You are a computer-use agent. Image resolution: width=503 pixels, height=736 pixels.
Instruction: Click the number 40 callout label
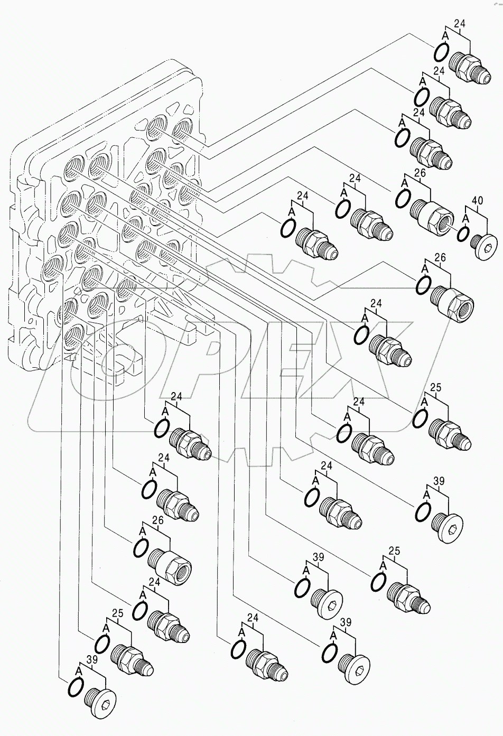click(x=477, y=201)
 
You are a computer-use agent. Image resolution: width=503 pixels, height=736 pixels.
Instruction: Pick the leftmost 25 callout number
click(x=117, y=614)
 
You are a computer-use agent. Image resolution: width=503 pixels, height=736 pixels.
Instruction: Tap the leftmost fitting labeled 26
click(x=171, y=565)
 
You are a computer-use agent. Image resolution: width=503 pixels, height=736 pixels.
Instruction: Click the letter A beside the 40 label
click(x=465, y=217)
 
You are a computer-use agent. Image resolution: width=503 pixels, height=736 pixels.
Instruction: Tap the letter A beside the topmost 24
click(x=445, y=35)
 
